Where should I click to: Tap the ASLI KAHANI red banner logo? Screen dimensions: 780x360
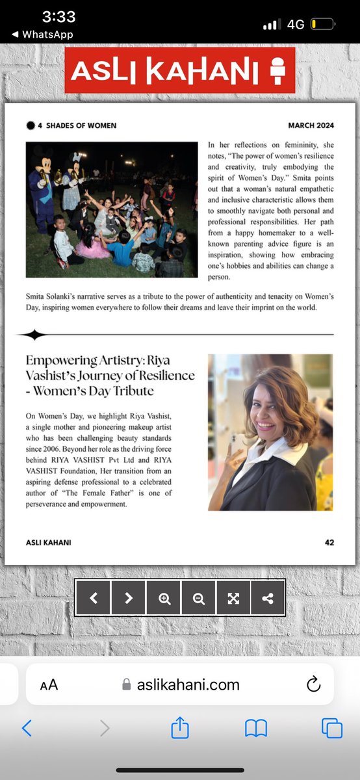click(179, 70)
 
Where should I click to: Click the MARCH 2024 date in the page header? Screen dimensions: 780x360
click(311, 125)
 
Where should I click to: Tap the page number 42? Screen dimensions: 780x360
click(329, 542)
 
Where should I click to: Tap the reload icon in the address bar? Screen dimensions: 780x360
click(313, 684)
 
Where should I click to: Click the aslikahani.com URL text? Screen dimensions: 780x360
click(188, 684)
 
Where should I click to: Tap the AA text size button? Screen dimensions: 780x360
click(49, 684)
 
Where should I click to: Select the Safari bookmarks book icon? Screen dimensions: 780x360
click(256, 728)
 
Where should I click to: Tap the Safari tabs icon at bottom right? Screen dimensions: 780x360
click(331, 728)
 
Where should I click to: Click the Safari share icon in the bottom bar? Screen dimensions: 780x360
click(180, 727)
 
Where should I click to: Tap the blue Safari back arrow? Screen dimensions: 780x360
click(27, 728)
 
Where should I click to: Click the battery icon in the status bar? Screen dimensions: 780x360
click(322, 24)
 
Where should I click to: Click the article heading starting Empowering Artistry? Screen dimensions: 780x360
click(110, 376)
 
